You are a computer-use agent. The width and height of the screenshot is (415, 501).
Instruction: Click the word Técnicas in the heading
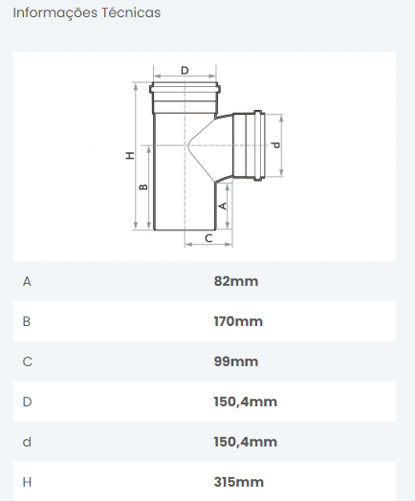point(131,12)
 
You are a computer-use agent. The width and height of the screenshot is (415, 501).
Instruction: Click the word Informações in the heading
point(55,13)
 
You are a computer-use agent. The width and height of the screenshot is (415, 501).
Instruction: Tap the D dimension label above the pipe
point(185,71)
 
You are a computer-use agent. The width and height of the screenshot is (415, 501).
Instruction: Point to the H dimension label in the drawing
point(130,156)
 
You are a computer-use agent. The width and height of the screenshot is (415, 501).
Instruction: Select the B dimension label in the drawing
point(144,186)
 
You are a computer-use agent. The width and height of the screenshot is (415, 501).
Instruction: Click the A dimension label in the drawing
point(223,206)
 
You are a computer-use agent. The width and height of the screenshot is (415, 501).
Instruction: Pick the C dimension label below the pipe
point(208,238)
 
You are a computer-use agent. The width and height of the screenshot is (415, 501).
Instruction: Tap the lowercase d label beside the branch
point(276,144)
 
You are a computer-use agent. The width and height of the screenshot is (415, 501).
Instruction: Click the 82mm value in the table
point(236,281)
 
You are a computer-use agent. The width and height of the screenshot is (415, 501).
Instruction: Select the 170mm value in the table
point(238,321)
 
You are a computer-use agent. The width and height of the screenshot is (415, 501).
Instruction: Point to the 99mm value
point(236,361)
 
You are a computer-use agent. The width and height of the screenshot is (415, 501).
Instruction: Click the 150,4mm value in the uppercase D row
point(246,402)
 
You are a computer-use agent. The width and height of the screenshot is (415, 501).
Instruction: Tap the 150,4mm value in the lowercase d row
point(246,443)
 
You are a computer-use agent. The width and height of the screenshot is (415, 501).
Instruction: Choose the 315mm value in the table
point(239,482)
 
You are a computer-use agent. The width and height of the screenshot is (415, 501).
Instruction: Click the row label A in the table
point(27,281)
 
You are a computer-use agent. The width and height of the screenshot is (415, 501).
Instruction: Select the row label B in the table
point(27,321)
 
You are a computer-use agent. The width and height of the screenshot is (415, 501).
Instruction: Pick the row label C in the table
point(27,361)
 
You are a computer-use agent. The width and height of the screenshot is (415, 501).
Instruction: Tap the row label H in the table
point(27,482)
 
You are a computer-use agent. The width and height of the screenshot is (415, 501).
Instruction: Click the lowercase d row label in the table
point(27,442)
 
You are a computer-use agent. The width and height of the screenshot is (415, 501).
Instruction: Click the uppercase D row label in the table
point(27,402)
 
